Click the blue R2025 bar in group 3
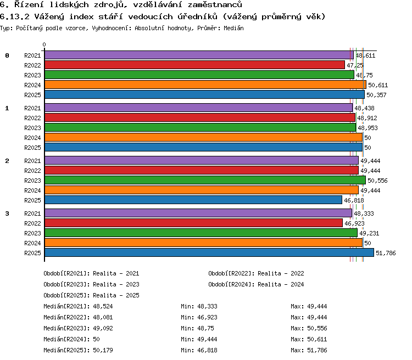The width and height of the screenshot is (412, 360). pos(209,252)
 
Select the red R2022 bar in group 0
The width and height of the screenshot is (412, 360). pos(194,65)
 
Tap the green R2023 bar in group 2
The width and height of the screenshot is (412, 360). pos(205,180)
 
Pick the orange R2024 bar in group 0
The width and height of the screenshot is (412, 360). pos(205,85)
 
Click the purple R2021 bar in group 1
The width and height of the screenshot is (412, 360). pos(199,108)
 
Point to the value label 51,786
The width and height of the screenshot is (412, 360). pos(386,253)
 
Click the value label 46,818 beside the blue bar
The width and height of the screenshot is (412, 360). pos(354,201)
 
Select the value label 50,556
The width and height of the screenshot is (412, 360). pos(377,181)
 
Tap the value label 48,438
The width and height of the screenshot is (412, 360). pos(364,108)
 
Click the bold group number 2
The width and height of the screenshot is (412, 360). pos(7,161)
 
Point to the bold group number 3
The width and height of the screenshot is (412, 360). pos(7,213)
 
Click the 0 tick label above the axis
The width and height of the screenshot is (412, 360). pos(44,44)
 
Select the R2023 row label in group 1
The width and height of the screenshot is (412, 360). pos(32,128)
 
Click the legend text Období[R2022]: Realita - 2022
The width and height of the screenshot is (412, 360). pos(256,273)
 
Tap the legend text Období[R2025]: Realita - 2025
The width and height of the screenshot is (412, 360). pos(91,295)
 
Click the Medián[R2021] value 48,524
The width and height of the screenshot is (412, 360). pos(103,306)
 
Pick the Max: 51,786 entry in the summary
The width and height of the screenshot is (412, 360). pos(309,350)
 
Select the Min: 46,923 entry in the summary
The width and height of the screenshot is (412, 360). pos(199,317)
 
